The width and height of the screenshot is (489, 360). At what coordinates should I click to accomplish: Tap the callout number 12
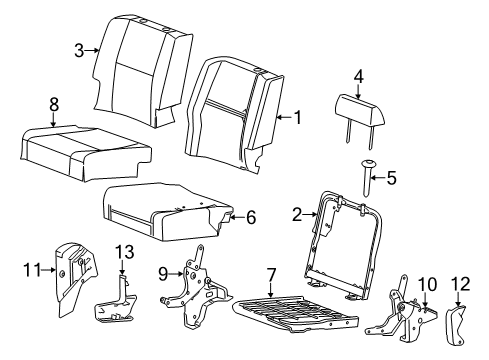click(461, 283)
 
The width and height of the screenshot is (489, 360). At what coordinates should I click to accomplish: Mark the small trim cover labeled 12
click(462, 321)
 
